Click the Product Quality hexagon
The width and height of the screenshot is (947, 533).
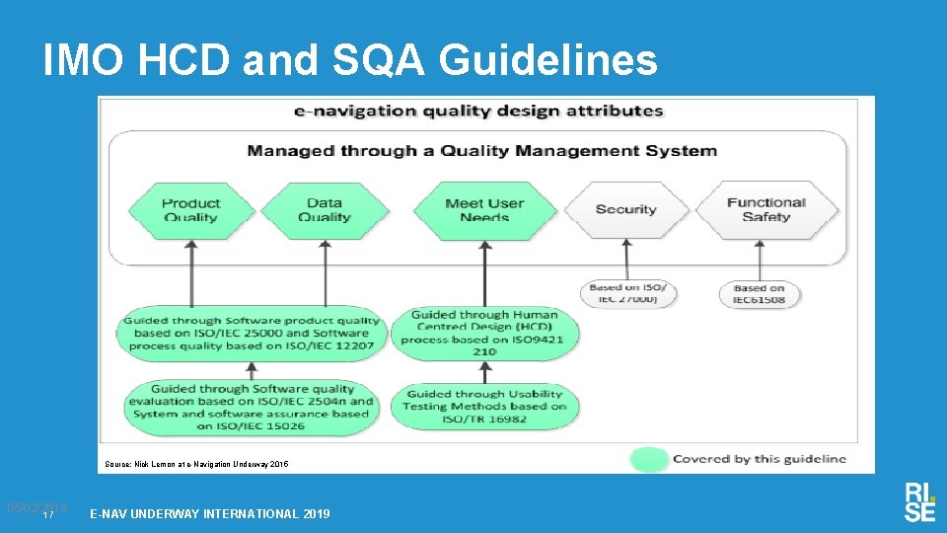click(x=191, y=210)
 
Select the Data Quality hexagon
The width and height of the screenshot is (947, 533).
click(x=325, y=210)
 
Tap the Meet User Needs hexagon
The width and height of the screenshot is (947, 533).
click(x=483, y=210)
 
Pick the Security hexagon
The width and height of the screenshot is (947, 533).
click(x=625, y=210)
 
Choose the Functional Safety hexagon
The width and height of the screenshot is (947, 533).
click(x=766, y=210)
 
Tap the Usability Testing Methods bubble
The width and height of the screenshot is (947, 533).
click(x=485, y=406)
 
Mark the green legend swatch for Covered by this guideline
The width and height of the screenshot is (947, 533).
click(x=648, y=459)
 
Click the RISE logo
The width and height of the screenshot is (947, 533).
click(x=918, y=501)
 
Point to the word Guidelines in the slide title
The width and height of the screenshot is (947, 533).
click(x=547, y=61)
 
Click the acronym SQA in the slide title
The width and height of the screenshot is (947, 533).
click(x=382, y=61)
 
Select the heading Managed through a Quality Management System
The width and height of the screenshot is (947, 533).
click(x=481, y=151)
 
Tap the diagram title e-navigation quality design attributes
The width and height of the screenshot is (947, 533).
click(x=478, y=111)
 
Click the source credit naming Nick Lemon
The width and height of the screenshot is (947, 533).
click(x=197, y=463)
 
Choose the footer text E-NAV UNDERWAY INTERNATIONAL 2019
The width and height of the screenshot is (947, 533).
click(x=210, y=513)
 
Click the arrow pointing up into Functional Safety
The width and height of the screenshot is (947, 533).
click(x=761, y=261)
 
